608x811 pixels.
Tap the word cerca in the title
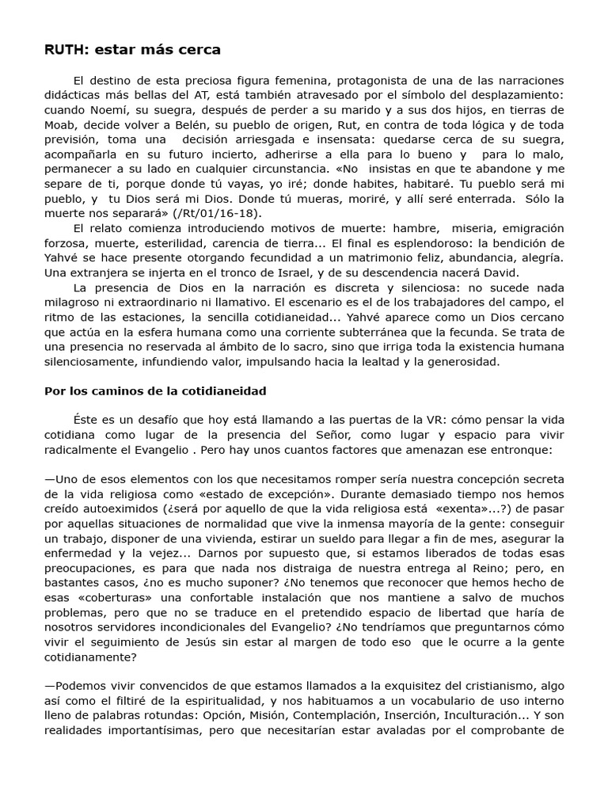(198, 50)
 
